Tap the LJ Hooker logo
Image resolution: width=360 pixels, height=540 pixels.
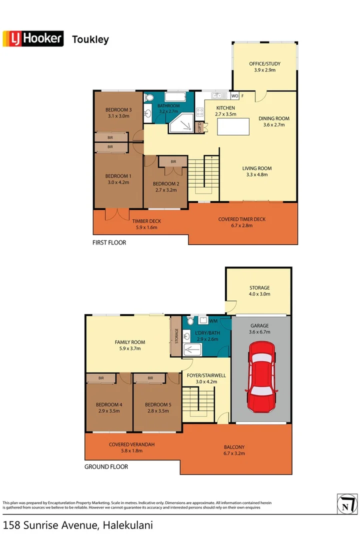click(33, 38)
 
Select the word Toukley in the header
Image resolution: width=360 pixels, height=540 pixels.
click(90, 39)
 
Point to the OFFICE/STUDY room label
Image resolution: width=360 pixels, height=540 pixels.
click(264, 64)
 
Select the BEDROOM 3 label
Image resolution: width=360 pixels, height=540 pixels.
click(118, 110)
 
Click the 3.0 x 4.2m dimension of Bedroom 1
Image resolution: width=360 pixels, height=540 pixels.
click(118, 182)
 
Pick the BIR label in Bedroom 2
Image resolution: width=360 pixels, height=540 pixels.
click(173, 162)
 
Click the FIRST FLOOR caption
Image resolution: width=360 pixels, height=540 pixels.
click(109, 242)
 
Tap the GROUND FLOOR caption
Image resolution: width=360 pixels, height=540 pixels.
click(106, 466)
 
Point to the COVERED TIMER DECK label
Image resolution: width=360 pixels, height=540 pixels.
click(242, 219)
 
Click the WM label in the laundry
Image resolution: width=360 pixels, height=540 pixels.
click(213, 321)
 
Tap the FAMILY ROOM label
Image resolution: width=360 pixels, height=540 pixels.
click(129, 342)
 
